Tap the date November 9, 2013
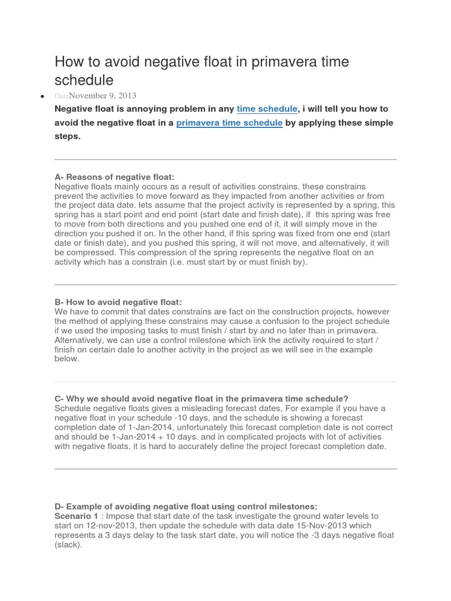[102, 95]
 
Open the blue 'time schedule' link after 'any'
[267, 109]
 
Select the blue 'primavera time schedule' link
[229, 123]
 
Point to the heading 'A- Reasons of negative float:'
[115, 177]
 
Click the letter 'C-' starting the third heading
[59, 399]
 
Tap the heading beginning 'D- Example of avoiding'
[186, 507]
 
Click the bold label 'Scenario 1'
[76, 516]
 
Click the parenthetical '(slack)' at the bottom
[69, 545]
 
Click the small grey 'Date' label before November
[62, 96]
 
